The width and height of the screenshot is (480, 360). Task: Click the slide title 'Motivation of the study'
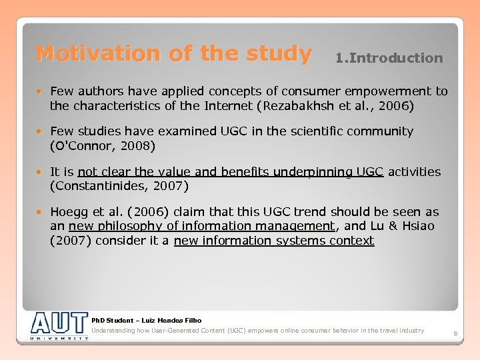pyautogui.click(x=173, y=53)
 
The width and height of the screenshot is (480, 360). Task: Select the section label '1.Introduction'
pyautogui.click(x=389, y=58)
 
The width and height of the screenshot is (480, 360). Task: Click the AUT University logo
pyautogui.click(x=59, y=326)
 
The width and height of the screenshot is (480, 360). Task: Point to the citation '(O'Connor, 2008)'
pyautogui.click(x=102, y=145)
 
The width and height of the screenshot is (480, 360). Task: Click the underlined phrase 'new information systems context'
pyautogui.click(x=274, y=240)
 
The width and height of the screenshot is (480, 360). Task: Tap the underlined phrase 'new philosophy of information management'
pyautogui.click(x=201, y=226)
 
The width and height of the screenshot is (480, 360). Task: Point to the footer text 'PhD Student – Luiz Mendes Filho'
pyautogui.click(x=146, y=321)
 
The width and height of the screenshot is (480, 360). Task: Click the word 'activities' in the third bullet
pyautogui.click(x=414, y=171)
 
